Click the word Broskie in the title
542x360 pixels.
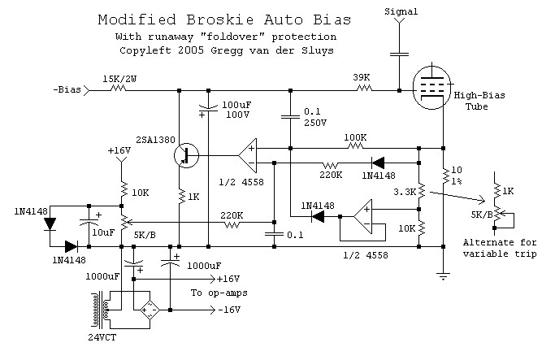point(220,20)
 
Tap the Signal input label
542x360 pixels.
point(401,11)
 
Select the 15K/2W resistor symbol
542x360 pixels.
point(118,89)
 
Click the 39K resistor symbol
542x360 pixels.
point(364,89)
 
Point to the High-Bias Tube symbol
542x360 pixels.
point(432,86)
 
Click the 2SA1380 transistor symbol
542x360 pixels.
point(186,155)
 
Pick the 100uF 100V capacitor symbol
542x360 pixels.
point(208,109)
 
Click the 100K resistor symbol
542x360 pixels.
point(355,146)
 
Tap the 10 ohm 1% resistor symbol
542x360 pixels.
point(444,176)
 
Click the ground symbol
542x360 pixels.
point(443,276)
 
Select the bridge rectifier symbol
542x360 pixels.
point(150,310)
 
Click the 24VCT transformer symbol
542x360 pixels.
point(102,310)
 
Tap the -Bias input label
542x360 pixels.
point(67,90)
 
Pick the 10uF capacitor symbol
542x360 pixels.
point(89,222)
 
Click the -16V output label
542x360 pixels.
point(229,310)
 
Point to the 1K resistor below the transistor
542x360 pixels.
point(180,197)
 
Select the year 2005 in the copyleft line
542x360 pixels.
point(191,50)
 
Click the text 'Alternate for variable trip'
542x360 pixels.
point(500,248)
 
